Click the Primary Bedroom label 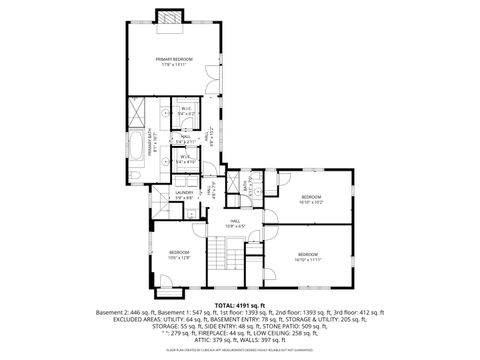pos(174,63)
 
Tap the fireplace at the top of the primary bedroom pos(169,17)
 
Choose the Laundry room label pos(184,195)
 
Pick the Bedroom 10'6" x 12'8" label pos(180,254)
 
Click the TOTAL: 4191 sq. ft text pos(239,304)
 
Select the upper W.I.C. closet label pos(186,112)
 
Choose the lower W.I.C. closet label pos(186,158)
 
